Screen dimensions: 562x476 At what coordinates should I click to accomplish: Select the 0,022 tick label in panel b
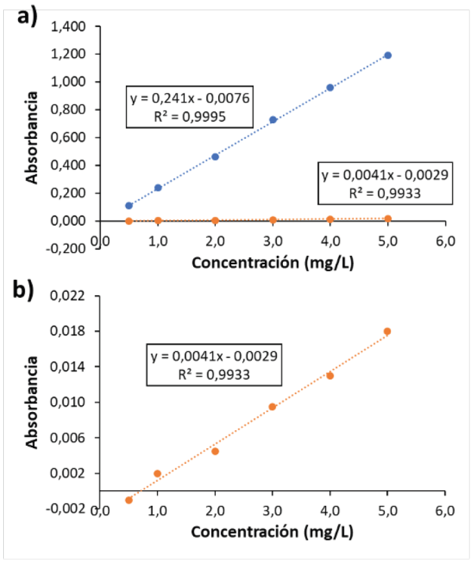pyautogui.click(x=77, y=296)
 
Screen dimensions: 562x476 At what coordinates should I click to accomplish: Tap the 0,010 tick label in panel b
pyautogui.click(x=77, y=402)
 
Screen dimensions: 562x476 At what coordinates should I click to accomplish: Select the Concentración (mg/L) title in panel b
pyautogui.click(x=272, y=534)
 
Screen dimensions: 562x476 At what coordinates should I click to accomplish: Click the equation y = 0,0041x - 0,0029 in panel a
pyautogui.click(x=386, y=174)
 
